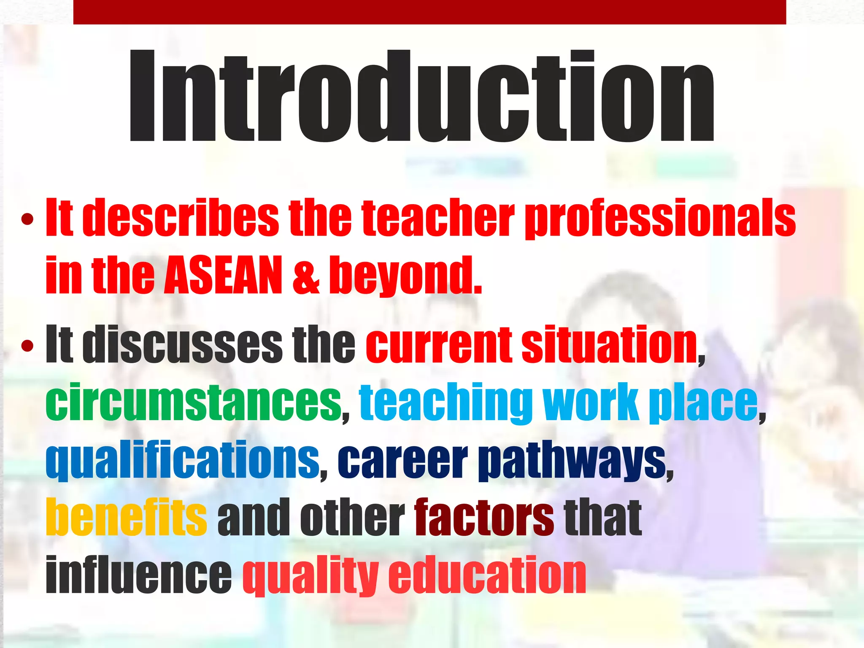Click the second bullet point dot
pyautogui.click(x=27, y=346)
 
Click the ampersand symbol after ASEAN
pyautogui.click(x=306, y=276)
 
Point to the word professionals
pyautogui.click(x=660, y=219)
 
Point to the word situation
pyautogui.click(x=610, y=345)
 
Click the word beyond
pyautogui.click(x=405, y=276)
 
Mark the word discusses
pyautogui.click(x=182, y=345)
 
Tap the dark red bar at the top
pyautogui.click(x=429, y=12)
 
